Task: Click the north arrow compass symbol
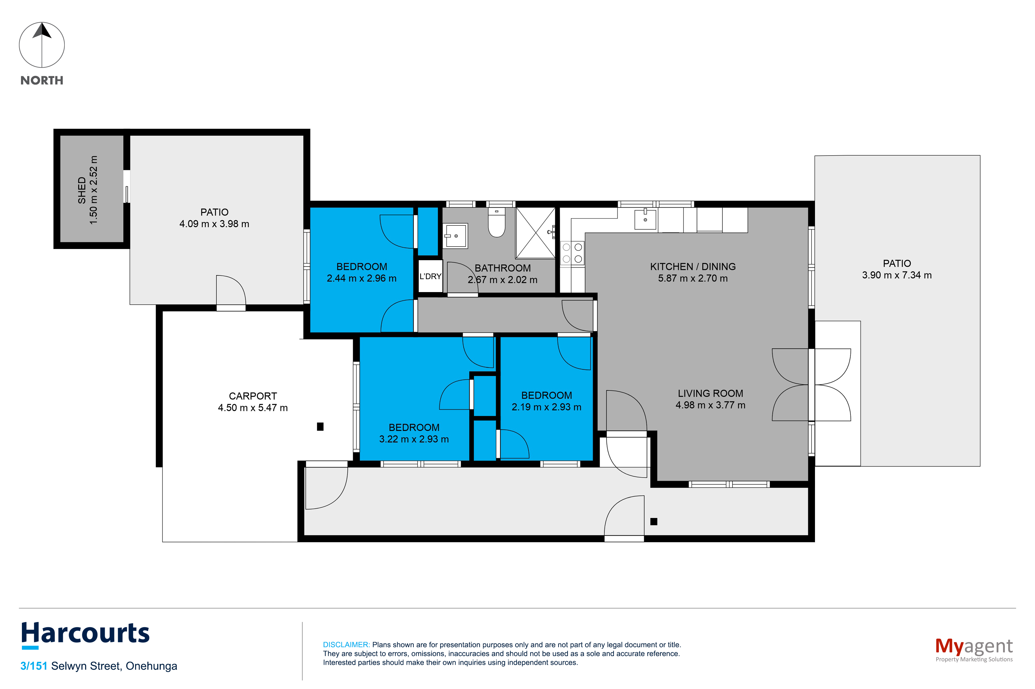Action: [x=42, y=45]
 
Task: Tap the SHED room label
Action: [x=82, y=190]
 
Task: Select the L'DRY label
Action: [x=430, y=276]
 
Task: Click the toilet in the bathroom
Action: [x=497, y=222]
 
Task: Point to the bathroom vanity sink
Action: [x=456, y=236]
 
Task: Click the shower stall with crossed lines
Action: [x=535, y=233]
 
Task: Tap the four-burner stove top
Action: [x=572, y=253]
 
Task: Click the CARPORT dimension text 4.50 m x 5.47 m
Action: [x=253, y=408]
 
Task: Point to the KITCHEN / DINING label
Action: [x=693, y=267]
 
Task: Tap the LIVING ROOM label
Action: [x=710, y=394]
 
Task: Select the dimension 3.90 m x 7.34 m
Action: [x=897, y=275]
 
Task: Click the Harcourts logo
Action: [x=85, y=635]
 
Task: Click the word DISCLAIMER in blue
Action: [x=346, y=645]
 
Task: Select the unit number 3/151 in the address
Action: [x=34, y=666]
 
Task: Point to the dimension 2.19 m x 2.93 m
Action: [x=546, y=407]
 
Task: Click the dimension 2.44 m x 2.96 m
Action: [x=362, y=278]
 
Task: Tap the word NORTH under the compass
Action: [x=42, y=80]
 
